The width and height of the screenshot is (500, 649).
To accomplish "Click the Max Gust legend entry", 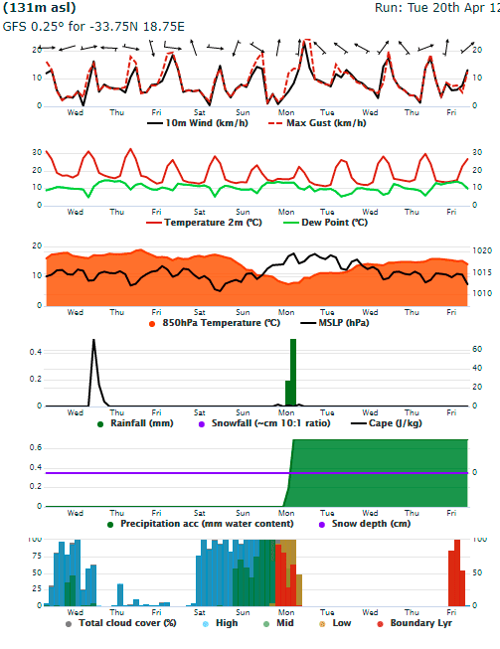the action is [x=317, y=123].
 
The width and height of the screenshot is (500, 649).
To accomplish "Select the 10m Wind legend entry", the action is [x=198, y=123].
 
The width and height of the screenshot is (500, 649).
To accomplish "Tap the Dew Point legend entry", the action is [x=325, y=223].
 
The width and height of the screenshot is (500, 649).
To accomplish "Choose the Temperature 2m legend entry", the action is [x=204, y=223].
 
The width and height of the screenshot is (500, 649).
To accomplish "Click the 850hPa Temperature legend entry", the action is [x=215, y=323].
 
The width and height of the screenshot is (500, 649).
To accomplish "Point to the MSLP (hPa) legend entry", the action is [x=334, y=323].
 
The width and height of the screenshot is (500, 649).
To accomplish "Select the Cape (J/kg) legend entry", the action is [x=386, y=423].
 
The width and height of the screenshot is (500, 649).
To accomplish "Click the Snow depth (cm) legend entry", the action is [x=364, y=524].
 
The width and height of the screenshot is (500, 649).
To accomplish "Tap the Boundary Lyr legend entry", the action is [x=415, y=623].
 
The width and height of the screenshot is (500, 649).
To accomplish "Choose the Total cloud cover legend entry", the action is [x=121, y=623].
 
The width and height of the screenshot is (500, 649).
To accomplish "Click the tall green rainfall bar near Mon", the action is [x=293, y=372].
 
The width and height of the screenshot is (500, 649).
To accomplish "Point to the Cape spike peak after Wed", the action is [x=93, y=340].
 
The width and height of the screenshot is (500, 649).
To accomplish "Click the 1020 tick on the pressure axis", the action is [x=482, y=250].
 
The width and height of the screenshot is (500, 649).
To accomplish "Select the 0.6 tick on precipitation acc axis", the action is [x=36, y=447].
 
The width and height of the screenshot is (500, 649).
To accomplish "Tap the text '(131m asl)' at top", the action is [x=40, y=7].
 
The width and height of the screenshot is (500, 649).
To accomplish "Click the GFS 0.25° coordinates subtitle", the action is [x=93, y=27].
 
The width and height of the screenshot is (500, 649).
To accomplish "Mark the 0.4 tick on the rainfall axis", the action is [x=36, y=352].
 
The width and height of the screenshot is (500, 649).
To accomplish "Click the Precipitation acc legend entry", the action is [x=201, y=524].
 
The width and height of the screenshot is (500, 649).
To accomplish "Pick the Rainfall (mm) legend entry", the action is [x=135, y=423].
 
